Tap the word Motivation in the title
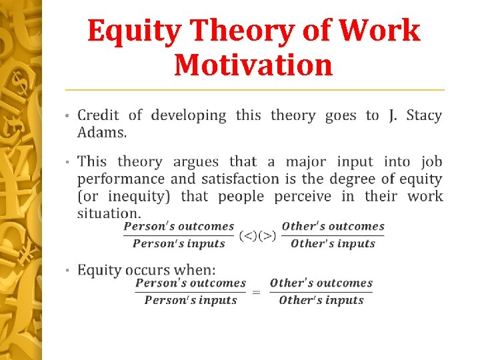click(x=253, y=65)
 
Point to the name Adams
click(x=101, y=132)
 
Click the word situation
click(x=108, y=213)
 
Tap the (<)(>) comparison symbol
click(x=257, y=235)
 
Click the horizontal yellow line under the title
click(x=254, y=89)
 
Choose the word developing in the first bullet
click(x=189, y=116)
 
